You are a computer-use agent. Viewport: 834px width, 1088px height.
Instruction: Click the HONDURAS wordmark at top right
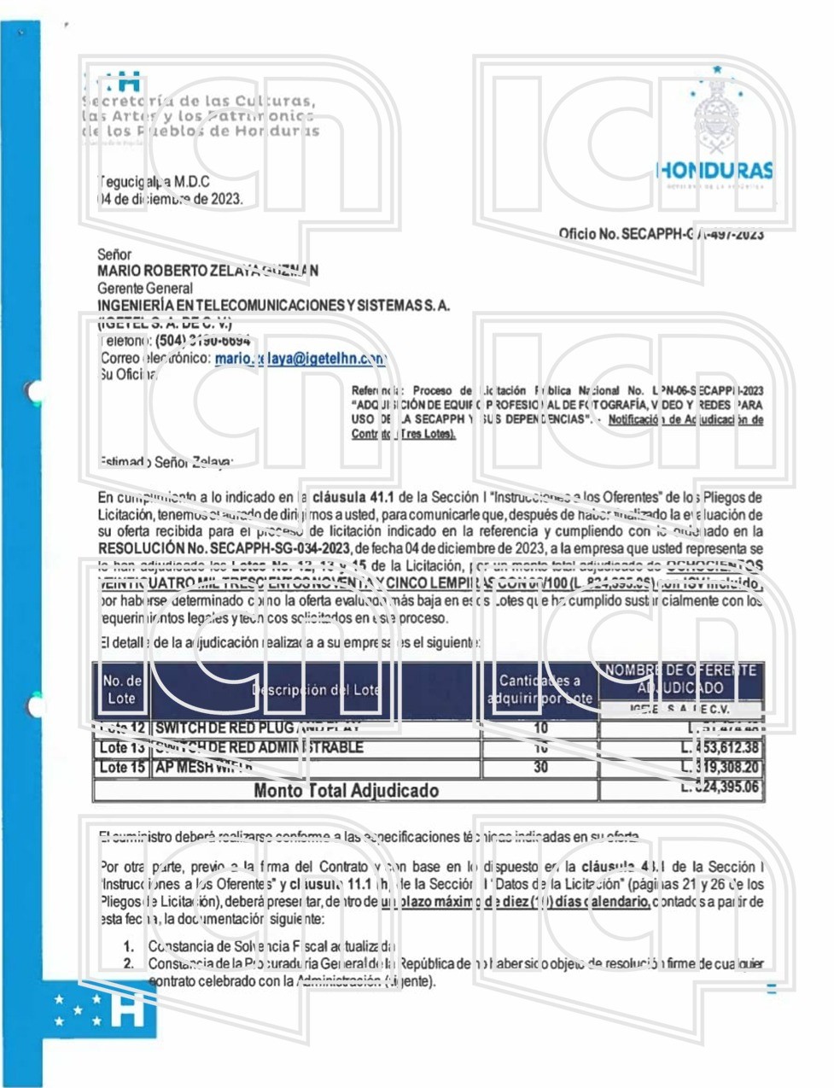pos(715,170)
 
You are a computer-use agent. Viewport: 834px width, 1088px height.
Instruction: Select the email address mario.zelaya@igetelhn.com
pos(300,360)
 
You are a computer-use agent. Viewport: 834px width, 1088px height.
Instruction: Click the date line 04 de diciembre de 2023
pos(170,199)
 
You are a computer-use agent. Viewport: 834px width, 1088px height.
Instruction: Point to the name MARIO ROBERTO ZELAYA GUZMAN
pos(208,271)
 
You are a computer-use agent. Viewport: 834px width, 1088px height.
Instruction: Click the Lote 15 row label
pos(121,767)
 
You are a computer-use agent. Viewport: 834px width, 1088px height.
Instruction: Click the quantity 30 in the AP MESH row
pos(540,767)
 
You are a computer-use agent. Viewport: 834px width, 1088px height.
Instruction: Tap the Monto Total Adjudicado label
pos(346,790)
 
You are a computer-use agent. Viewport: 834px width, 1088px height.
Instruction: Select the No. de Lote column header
pos(121,689)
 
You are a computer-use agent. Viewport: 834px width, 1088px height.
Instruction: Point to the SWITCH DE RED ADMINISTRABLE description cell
pos(259,747)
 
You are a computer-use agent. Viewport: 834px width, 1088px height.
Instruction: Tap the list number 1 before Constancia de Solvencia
pos(128,946)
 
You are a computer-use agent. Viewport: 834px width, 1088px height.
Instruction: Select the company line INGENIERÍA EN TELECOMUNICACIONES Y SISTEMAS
pos(273,306)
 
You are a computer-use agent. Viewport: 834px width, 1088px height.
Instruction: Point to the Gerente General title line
pos(145,289)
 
